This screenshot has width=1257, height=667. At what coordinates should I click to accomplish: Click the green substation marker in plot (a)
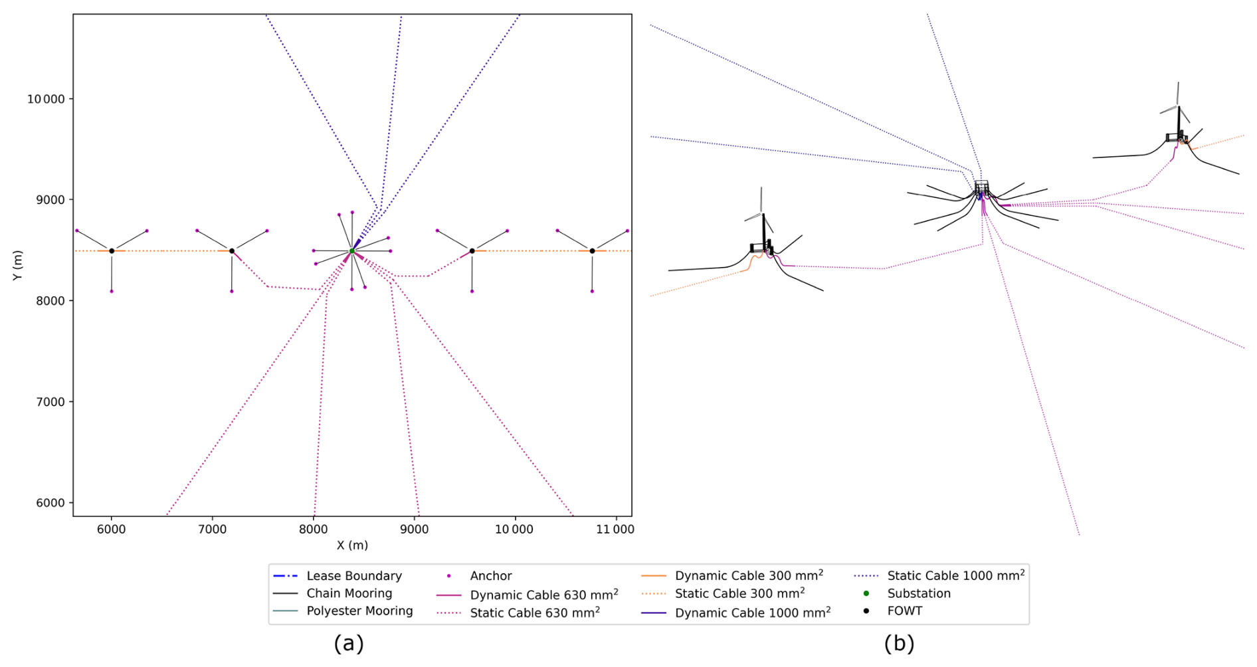pos(351,250)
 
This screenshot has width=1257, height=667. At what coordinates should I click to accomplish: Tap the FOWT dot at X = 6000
pos(112,250)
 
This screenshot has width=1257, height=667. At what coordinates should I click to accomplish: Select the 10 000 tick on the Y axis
pos(46,99)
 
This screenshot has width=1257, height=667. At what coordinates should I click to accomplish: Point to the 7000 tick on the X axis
pos(213,529)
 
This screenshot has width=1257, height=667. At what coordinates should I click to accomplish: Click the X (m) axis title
pos(352,545)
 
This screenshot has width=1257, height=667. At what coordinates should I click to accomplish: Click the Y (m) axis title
pos(17,265)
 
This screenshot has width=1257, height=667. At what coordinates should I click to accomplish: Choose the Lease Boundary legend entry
pos(353,576)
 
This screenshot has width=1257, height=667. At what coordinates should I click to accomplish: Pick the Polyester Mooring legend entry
pos(359,611)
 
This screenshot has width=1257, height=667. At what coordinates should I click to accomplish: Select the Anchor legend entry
pos(490,576)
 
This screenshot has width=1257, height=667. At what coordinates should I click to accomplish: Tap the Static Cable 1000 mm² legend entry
pos(955,575)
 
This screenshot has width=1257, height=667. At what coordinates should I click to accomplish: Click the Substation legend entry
pos(918,593)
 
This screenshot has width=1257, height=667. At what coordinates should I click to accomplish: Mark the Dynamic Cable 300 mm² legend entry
pos(748,575)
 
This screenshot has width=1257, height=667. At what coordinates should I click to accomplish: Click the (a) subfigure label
pos(349,643)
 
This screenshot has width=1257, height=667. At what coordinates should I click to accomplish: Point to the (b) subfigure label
pos(899,643)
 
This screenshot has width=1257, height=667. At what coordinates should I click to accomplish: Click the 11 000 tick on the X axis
pos(615,529)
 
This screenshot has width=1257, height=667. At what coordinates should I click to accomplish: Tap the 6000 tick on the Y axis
pos(50,503)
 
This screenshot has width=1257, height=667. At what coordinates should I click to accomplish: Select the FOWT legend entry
pos(904,611)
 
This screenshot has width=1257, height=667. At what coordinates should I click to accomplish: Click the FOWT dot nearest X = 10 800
pos(592,250)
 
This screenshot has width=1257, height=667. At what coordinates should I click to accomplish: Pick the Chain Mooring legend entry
pos(349,593)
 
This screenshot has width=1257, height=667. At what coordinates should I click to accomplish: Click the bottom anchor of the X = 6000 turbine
pos(112,291)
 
